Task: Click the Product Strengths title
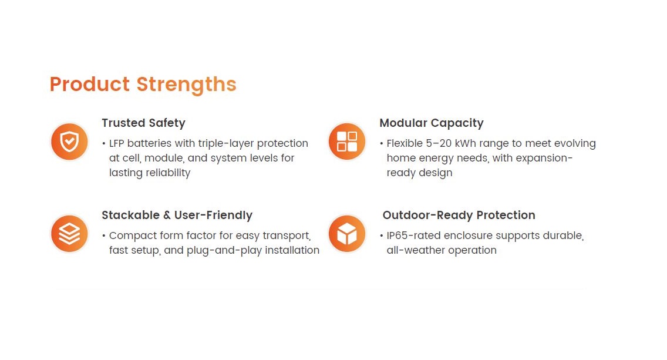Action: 143,84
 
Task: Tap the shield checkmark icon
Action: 69,142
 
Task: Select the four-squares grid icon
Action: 346,142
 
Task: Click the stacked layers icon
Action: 69,234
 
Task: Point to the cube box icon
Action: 346,234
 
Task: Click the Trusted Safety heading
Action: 143,123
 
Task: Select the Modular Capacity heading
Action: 432,123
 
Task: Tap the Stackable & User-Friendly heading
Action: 177,215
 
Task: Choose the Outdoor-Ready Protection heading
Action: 459,215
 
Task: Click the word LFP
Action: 117,143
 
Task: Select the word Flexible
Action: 405,143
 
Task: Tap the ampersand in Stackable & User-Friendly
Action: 167,216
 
